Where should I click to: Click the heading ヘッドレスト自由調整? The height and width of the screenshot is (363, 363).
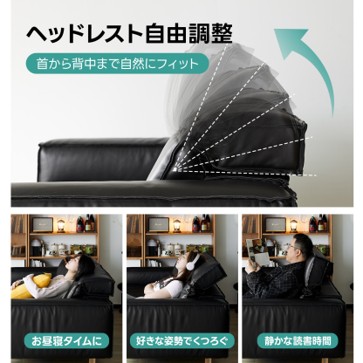128,33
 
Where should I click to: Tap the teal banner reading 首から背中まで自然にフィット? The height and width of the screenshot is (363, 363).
116,64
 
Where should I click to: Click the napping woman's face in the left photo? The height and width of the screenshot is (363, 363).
78,264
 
